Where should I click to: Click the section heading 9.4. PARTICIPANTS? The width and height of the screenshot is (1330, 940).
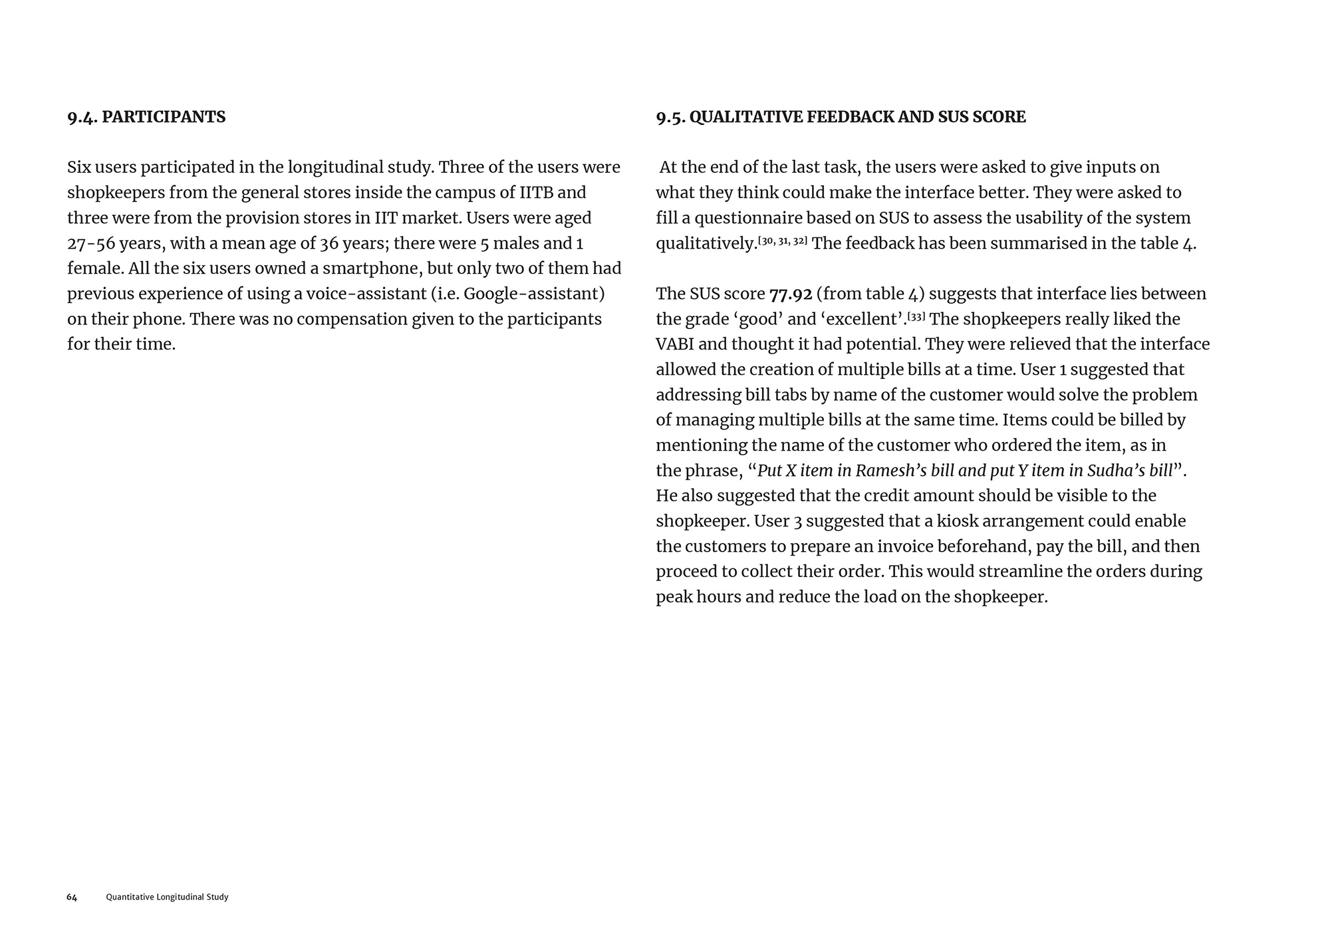(146, 117)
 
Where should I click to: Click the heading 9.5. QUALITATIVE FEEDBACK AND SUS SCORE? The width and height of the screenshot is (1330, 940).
(841, 117)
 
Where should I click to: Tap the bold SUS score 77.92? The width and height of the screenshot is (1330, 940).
(790, 294)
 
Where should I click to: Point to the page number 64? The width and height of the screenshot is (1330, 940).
(72, 897)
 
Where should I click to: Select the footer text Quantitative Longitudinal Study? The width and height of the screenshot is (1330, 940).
(167, 897)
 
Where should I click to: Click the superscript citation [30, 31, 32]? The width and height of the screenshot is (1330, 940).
(783, 240)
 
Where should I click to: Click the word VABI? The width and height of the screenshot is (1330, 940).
(674, 344)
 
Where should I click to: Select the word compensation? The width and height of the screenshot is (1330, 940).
(350, 319)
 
